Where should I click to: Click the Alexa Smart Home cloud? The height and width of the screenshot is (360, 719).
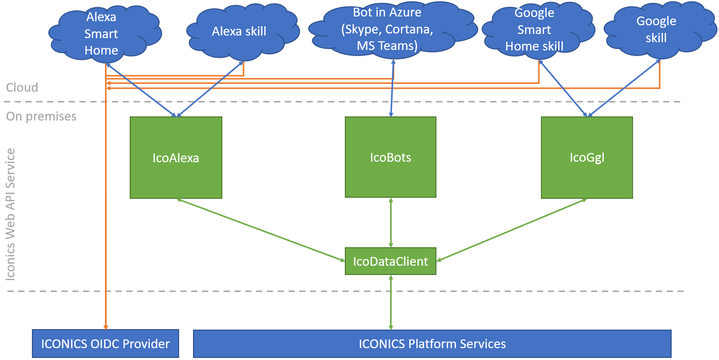click(101, 34)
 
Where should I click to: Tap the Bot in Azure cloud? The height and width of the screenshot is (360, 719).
click(387, 29)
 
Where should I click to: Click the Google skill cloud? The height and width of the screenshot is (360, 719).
click(656, 29)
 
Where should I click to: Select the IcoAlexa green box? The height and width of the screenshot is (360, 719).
click(176, 158)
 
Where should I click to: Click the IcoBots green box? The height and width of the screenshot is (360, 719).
click(391, 157)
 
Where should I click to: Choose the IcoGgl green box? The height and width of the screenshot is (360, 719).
click(587, 158)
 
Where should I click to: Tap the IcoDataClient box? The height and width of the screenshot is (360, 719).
click(391, 261)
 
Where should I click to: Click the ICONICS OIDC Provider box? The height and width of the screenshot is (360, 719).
click(106, 344)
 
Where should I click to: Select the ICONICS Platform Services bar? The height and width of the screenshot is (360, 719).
click(432, 344)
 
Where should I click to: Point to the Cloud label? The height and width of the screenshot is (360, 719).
click(22, 88)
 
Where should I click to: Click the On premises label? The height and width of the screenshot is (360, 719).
click(41, 116)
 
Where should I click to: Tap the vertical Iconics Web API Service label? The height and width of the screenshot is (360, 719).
click(11, 214)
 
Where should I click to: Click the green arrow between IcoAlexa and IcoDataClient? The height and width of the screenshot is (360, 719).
click(260, 229)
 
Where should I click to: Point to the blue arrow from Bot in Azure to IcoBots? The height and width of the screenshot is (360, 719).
click(392, 88)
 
